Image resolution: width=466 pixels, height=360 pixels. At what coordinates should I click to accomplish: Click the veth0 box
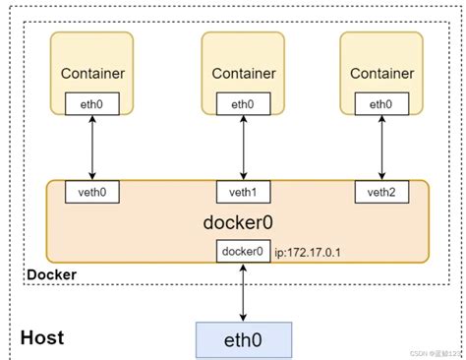tap(91, 191)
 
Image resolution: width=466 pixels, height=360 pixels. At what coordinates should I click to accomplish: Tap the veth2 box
tap(380, 191)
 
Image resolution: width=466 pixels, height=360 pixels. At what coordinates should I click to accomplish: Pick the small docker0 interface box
tap(242, 252)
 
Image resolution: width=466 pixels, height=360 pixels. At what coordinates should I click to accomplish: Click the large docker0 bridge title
tap(241, 221)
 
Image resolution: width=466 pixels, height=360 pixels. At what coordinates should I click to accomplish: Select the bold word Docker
tap(52, 273)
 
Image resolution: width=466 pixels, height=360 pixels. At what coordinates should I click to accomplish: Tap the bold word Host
tap(42, 337)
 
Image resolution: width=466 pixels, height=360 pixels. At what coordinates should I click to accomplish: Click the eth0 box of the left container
tap(91, 102)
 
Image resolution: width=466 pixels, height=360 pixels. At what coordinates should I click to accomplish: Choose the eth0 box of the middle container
tap(241, 102)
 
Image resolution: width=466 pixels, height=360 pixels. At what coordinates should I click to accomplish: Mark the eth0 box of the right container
tap(380, 102)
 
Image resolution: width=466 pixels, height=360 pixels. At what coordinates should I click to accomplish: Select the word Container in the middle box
tap(242, 73)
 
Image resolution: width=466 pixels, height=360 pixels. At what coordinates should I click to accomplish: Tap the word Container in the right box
tap(381, 73)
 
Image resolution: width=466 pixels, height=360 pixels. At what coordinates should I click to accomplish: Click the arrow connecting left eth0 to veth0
tap(91, 147)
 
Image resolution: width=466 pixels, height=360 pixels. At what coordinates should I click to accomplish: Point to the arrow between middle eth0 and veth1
tap(241, 147)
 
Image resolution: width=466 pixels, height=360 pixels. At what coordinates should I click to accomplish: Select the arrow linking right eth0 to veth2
tap(380, 147)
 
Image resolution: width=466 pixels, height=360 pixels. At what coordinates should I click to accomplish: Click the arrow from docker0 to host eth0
tap(242, 291)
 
